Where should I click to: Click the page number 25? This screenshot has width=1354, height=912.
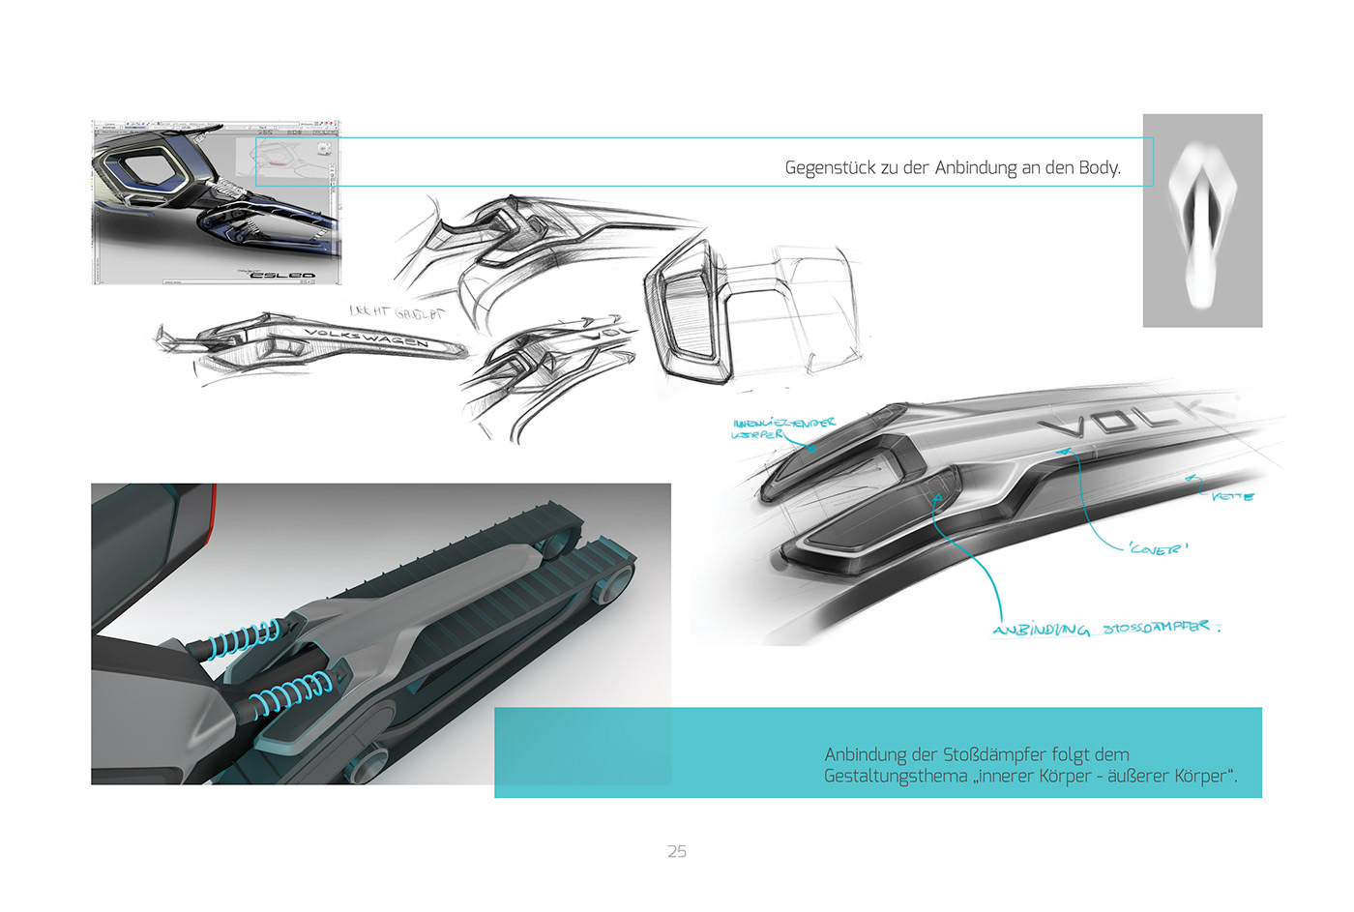677,851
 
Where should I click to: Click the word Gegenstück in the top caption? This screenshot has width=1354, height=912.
829,168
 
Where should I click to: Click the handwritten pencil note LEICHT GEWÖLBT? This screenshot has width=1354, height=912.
397,312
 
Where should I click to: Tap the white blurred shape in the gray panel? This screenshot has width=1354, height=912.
1202,220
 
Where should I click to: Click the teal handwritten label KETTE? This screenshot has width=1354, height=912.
1233,496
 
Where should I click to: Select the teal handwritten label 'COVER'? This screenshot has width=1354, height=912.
1158,548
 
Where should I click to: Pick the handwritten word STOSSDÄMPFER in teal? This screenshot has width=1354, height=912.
1157,628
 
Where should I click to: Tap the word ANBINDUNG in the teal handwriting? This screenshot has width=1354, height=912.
1041,630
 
